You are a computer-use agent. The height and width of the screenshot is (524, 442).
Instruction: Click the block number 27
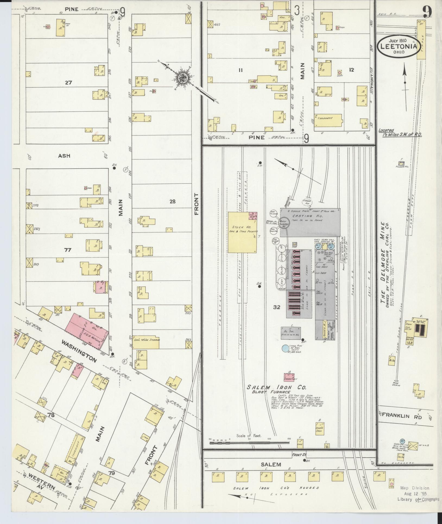point(68,82)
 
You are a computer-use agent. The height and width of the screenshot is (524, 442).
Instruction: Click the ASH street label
point(64,156)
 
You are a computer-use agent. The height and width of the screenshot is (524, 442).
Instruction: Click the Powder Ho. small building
point(400,163)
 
